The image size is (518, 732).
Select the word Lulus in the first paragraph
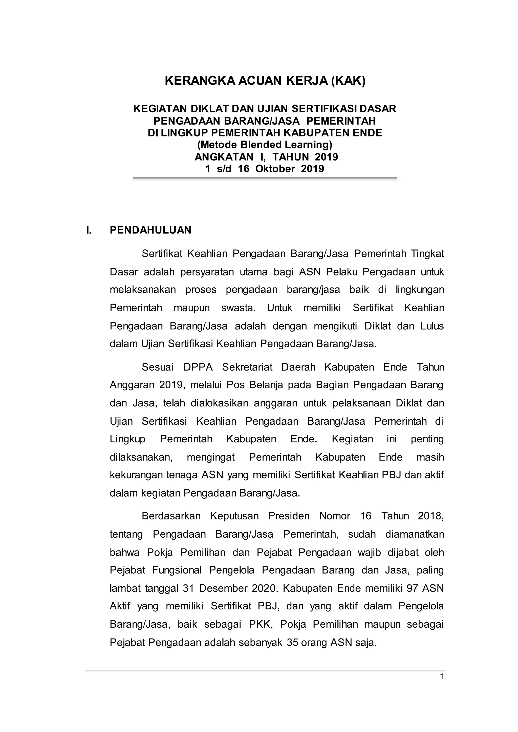tap(432, 326)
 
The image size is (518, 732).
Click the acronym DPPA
tap(198, 367)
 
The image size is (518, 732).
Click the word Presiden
tap(289, 516)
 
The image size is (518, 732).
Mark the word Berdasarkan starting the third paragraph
tap(171, 516)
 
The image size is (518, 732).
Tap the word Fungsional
tap(177, 570)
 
